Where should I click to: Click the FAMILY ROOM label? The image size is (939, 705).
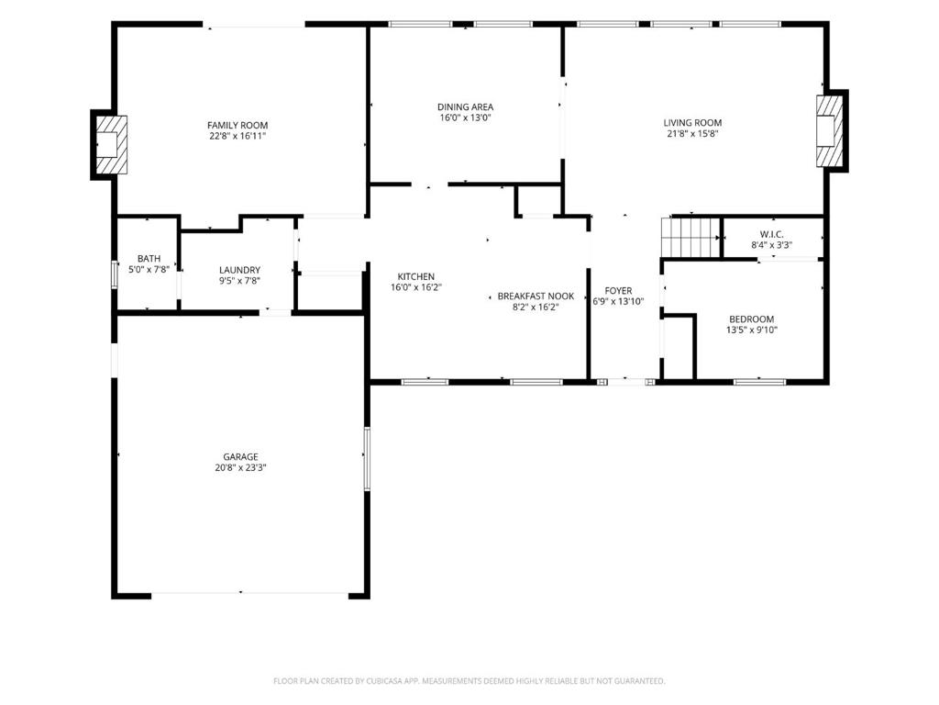(238, 125)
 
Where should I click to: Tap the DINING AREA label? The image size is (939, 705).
(465, 107)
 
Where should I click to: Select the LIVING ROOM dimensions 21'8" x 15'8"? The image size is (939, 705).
(692, 134)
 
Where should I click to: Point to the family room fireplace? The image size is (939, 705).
(111, 144)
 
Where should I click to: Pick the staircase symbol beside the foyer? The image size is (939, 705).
(690, 237)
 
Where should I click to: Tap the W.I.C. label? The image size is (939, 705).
(772, 234)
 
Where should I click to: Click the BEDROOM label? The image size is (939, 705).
(752, 319)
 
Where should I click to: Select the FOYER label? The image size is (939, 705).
(619, 291)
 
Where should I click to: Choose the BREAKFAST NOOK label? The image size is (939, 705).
(536, 297)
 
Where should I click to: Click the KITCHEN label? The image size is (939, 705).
(416, 277)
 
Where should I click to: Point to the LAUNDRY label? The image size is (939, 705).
(239, 271)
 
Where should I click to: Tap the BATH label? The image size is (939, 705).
(149, 259)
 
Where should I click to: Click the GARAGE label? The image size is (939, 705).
(241, 457)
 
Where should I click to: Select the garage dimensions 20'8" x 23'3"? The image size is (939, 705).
(241, 467)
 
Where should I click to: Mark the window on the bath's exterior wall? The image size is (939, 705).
(115, 274)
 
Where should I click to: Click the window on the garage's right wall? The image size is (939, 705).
(367, 459)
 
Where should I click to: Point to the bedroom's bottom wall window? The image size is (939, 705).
(760, 381)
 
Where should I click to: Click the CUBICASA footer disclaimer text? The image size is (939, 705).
(469, 681)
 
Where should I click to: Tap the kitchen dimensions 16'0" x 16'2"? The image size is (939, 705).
(416, 287)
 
